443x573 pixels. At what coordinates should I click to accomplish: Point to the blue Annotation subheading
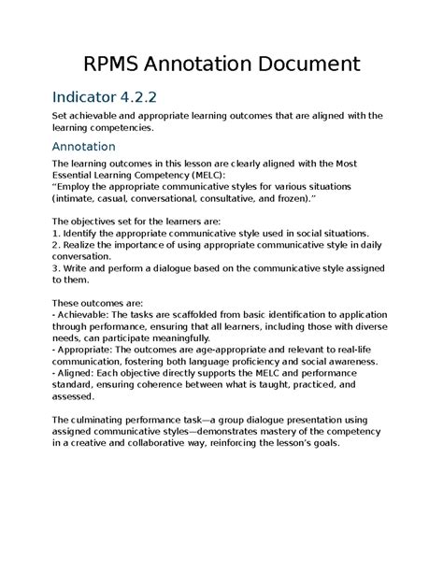coord(84,147)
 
